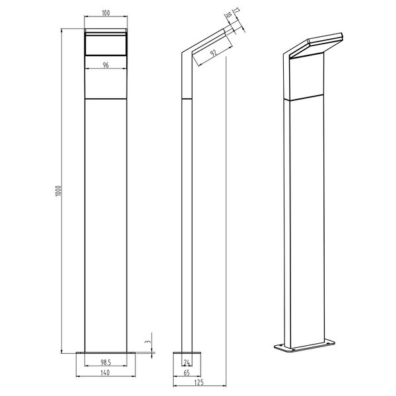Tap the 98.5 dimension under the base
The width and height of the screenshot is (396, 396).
pos(106,363)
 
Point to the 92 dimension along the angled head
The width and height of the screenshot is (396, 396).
pos(213,50)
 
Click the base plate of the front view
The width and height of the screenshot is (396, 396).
pos(106,352)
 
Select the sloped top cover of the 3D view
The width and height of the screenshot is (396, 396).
pos(315,44)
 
